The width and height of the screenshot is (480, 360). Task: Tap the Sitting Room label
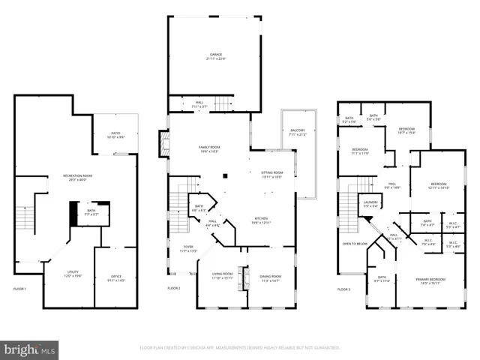pyautogui.click(x=261, y=174)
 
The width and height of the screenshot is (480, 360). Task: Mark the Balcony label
pyautogui.click(x=298, y=133)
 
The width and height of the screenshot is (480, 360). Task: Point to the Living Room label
pyautogui.click(x=221, y=275)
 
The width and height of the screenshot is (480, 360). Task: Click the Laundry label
pyautogui.click(x=370, y=203)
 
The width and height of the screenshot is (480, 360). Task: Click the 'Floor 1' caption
pyautogui.click(x=19, y=289)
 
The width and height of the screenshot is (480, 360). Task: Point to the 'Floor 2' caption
pyautogui.click(x=174, y=289)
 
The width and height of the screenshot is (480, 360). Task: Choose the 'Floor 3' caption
pyautogui.click(x=343, y=289)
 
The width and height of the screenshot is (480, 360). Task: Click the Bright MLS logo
pyautogui.click(x=30, y=349)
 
